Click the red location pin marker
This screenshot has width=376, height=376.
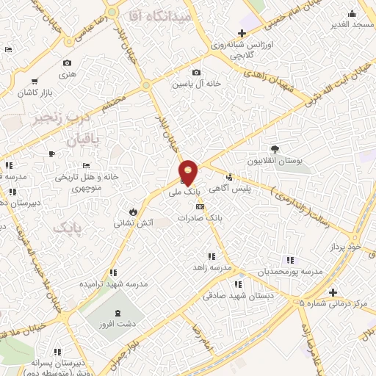(x=189, y=173)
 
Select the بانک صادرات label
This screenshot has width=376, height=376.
(x=225, y=218)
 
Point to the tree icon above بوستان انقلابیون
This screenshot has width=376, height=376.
(x=275, y=149)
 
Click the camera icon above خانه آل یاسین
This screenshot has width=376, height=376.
(x=196, y=72)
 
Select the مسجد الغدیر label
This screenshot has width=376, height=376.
(x=351, y=24)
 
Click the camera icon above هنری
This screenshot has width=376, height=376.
(x=68, y=63)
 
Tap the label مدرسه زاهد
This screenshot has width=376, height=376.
(x=213, y=267)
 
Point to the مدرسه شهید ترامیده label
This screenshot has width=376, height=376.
(x=115, y=283)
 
